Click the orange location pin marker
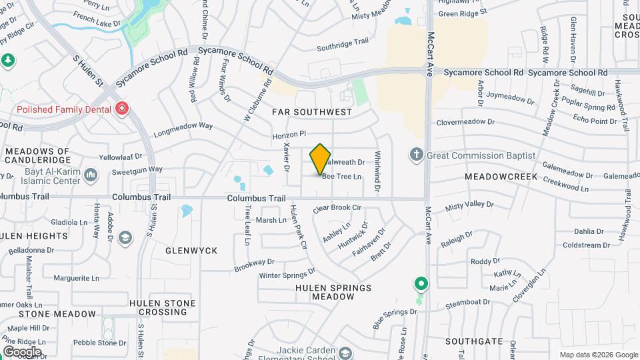click(321, 159)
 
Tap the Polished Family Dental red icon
click(121, 108)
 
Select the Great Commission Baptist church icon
click(417, 155)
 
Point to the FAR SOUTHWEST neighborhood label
click(312, 112)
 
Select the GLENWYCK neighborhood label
click(191, 250)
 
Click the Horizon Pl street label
click(288, 135)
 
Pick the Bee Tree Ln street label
click(342, 177)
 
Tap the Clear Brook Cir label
click(337, 208)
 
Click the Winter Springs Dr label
click(287, 274)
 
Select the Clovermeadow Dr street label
click(466, 122)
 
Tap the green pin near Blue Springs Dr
click(421, 285)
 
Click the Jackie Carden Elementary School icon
click(345, 352)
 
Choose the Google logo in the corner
click(22, 351)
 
